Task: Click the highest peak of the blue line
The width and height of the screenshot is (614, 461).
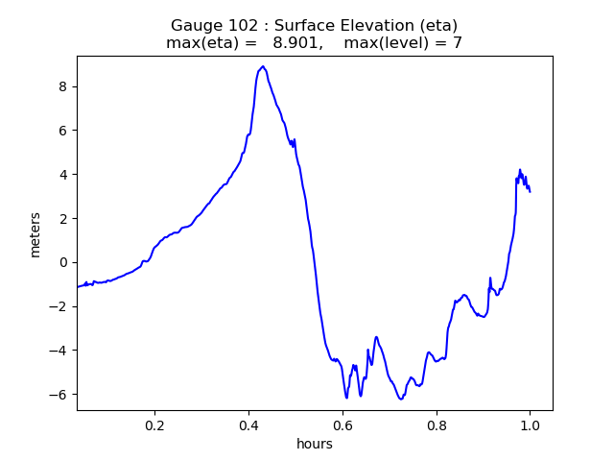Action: (263, 67)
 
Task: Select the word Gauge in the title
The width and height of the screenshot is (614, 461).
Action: (196, 25)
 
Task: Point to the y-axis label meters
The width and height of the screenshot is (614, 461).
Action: (35, 234)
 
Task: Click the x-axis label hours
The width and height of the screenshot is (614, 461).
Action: (315, 444)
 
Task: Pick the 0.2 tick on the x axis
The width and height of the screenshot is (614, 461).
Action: (155, 425)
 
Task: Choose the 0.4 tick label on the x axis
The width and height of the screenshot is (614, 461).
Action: (248, 425)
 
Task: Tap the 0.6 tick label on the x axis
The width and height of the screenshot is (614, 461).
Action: (342, 425)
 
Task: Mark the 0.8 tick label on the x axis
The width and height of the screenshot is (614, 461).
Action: (437, 425)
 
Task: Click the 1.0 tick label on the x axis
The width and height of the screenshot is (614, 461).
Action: (530, 425)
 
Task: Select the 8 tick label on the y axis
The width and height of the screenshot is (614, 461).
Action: (63, 86)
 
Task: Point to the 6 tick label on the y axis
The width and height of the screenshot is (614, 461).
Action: (63, 131)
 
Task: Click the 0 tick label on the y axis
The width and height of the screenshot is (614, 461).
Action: (63, 262)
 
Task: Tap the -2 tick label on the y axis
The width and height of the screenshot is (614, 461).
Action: (59, 306)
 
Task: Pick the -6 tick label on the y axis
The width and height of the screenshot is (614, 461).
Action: (59, 395)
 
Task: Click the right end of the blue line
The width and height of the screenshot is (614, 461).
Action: (530, 191)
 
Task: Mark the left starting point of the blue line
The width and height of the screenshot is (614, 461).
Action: (78, 287)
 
